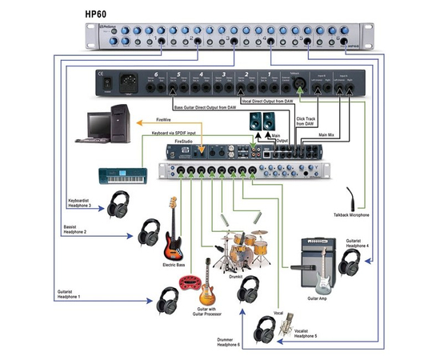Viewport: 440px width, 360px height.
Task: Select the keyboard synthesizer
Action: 125,175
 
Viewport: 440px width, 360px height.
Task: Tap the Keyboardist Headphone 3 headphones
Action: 122,203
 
